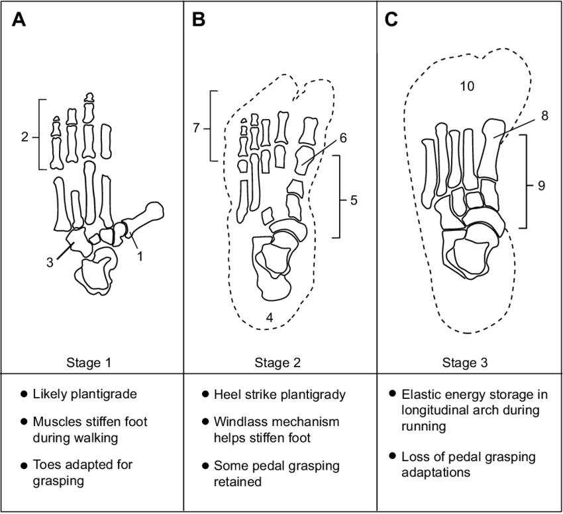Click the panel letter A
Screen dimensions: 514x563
pos(20,21)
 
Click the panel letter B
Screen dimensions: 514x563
pos(199,21)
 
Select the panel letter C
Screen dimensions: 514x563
pos(391,21)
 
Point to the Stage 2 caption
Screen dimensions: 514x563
pos(278,363)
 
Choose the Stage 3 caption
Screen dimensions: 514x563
pos(467,363)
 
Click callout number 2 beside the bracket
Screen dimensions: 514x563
pos(25,138)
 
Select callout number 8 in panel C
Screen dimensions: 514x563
pos(544,115)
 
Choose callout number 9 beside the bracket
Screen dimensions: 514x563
pos(541,187)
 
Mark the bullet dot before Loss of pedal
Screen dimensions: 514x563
pos(392,456)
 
